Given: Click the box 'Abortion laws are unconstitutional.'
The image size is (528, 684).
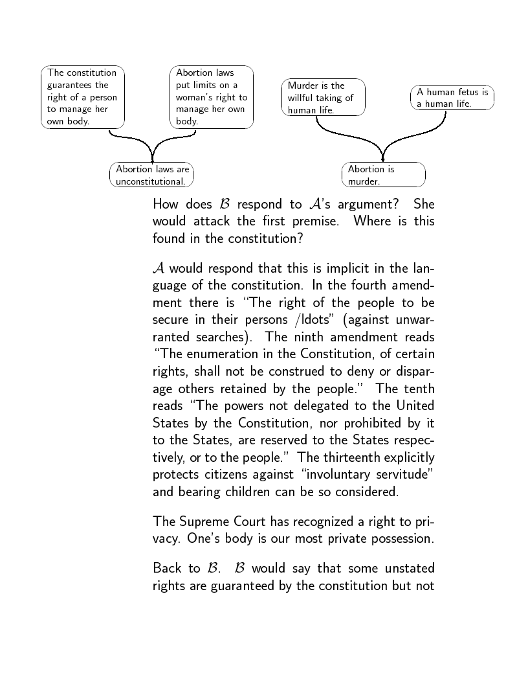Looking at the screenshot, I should point(152,175).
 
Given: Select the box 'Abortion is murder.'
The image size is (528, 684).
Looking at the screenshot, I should point(383,175).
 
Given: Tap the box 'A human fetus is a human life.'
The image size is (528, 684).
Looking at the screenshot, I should point(452,98).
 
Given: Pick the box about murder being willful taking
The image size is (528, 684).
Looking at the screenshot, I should point(324,97).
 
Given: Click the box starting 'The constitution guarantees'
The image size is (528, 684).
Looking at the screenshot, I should point(82,97).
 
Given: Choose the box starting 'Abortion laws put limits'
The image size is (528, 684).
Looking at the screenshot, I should point(211,97).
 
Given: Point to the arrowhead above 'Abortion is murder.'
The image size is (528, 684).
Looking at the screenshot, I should point(383,159).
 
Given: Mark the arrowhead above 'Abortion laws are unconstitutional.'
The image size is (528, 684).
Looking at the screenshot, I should point(152,159).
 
